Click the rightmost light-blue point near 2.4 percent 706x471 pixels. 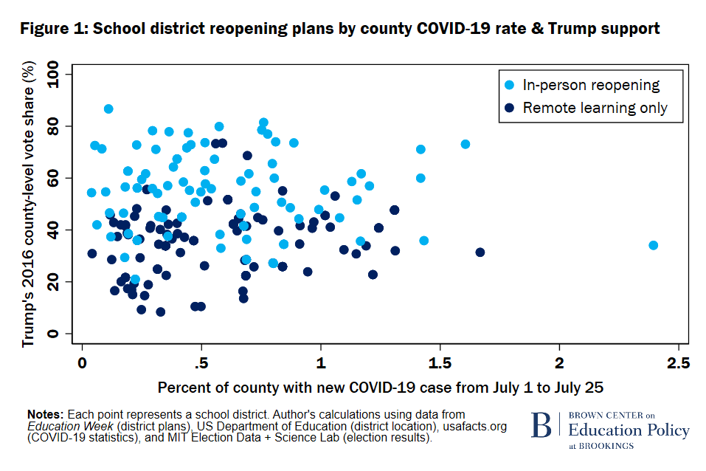(653, 245)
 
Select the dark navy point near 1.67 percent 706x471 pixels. (480, 252)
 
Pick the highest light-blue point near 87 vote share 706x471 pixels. (108, 109)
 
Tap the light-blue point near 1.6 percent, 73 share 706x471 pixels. (465, 144)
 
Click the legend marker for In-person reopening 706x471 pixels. (509, 86)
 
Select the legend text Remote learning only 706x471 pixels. (595, 108)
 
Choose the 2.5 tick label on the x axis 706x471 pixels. (678, 363)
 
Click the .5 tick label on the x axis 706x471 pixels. (199, 363)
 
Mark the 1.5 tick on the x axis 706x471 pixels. (440, 363)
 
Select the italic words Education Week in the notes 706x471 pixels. (62, 426)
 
